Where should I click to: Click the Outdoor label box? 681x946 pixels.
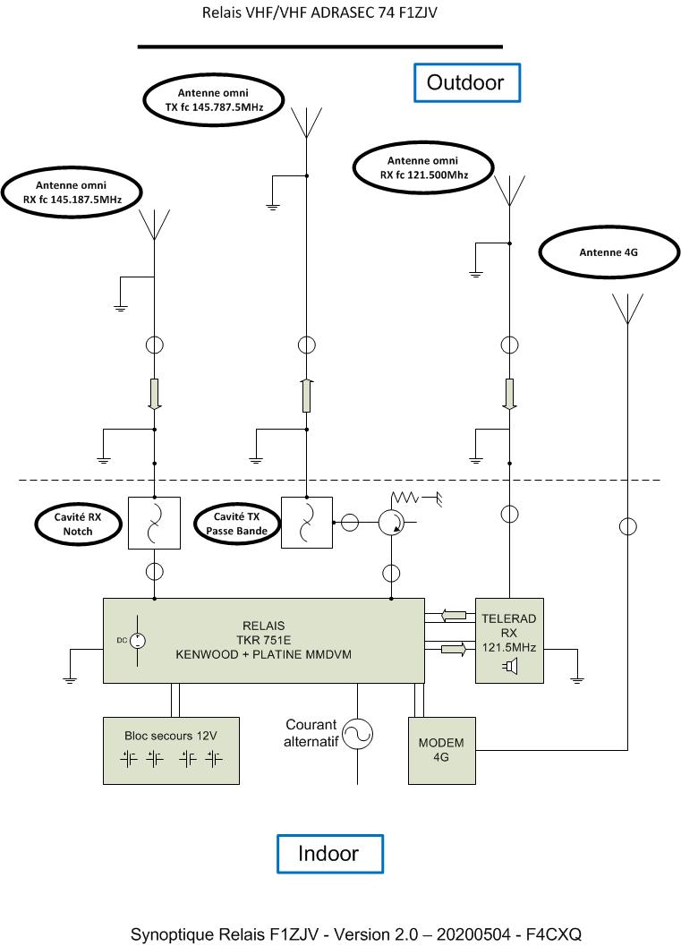coord(465,82)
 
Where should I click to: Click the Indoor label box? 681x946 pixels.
coord(329,853)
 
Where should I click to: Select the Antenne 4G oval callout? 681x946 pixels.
coord(609,252)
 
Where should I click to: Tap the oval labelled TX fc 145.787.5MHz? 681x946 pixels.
coord(213,98)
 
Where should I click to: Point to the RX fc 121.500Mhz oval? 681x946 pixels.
coord(423,167)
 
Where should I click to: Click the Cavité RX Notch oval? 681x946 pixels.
coord(78,524)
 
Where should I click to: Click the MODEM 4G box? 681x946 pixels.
coord(442,750)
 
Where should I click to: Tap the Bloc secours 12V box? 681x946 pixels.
coord(171,750)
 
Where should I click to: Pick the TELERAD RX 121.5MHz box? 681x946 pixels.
coord(509,641)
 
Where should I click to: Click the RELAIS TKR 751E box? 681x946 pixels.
coord(263,641)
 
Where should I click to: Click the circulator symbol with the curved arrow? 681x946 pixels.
coord(389,524)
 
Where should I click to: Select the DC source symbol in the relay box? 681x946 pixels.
coord(138,641)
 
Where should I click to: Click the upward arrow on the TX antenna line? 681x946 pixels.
coord(306,395)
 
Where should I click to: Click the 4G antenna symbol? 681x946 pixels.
coord(626,309)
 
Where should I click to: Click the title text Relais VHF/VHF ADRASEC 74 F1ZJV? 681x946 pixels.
coord(319,13)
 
